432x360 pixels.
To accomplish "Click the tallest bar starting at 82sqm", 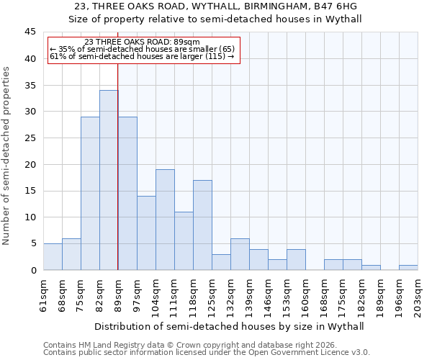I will tap(109, 180).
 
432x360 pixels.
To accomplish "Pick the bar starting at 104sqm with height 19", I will tap(165, 220).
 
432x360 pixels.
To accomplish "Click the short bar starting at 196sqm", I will tap(408, 268).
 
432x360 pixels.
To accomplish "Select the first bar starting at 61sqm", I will tap(53, 257).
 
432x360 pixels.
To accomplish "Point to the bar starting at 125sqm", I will tap(221, 262).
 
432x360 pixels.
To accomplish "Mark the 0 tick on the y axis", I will tap(33, 270).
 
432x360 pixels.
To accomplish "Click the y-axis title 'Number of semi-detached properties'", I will tap(7, 156).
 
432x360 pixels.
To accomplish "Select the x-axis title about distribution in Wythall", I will tap(229, 326).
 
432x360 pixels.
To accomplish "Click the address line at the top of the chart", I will tap(216, 7).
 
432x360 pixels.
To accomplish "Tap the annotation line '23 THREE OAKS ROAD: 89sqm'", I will tap(142, 42).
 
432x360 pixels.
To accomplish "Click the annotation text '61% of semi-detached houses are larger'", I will tap(142, 56).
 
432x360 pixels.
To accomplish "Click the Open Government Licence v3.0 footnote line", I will tap(207, 353).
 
